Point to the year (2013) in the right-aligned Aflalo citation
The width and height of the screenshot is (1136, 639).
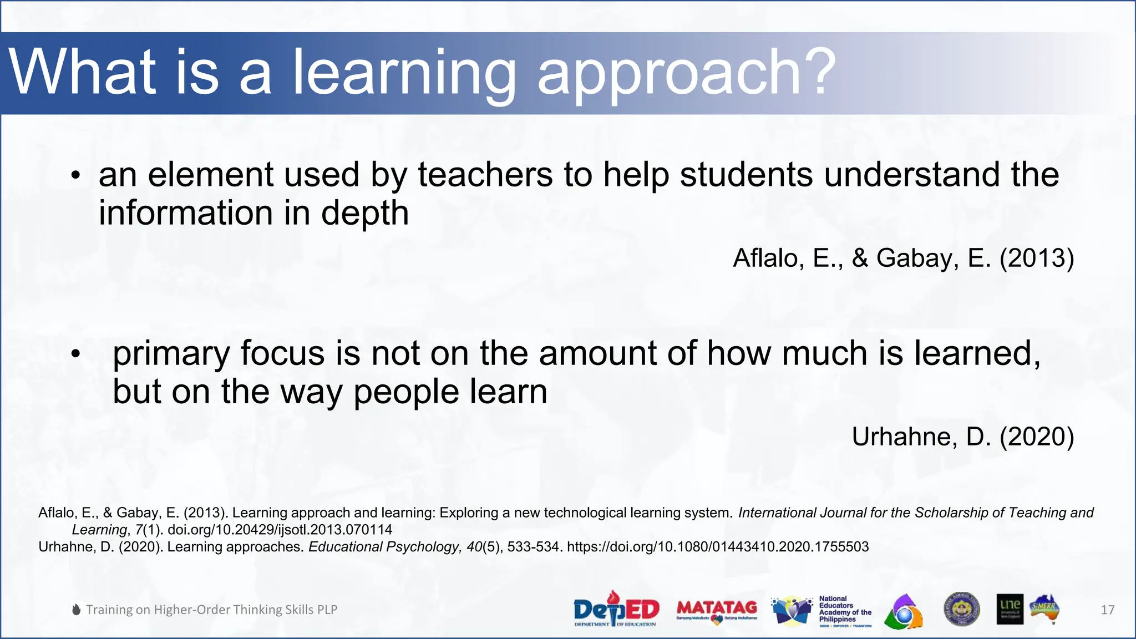coord(1037,258)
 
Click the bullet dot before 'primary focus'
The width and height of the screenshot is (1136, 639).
coord(76,353)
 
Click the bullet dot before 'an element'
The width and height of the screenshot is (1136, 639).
coord(76,176)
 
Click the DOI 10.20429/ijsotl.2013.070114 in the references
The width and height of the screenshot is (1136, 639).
coord(280,530)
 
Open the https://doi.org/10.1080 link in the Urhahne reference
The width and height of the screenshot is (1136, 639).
coord(717,547)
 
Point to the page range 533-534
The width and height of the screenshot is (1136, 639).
coord(532,547)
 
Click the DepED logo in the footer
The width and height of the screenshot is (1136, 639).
coord(616,609)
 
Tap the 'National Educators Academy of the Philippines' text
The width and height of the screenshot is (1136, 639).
coord(844,609)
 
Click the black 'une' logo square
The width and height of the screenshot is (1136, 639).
coord(1010,609)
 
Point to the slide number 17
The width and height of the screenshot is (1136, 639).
coord(1107,610)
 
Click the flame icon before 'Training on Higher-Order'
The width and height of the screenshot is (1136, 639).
coord(77,610)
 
